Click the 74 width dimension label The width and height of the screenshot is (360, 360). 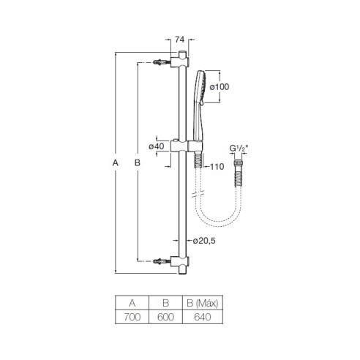pos(179,40)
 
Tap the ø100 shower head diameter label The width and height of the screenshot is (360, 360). pos(220,87)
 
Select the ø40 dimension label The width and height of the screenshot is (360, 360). pos(157,146)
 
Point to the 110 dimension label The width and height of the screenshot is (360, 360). pos(217,167)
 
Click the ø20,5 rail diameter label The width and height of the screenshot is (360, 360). pos(204,241)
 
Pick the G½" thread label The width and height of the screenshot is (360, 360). pos(239,149)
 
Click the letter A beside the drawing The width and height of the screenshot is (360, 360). pos(116,162)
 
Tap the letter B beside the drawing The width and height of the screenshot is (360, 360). pos(138,162)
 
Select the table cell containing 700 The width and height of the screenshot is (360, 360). pos(132,317)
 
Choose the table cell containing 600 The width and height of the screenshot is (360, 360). pos(165,317)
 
